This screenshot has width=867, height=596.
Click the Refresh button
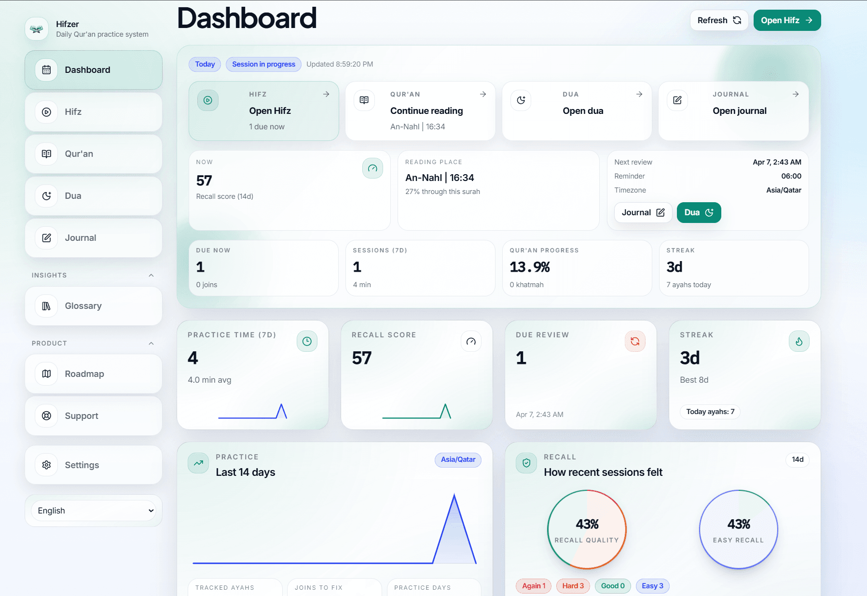[718, 20]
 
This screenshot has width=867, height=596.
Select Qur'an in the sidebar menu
[94, 154]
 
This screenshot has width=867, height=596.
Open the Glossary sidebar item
[94, 306]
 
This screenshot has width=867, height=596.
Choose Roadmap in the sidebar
[94, 374]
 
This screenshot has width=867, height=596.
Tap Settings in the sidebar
[94, 465]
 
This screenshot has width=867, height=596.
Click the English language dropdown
[94, 511]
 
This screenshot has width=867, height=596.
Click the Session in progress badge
[263, 64]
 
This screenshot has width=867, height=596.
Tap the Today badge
[205, 64]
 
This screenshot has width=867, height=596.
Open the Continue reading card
[420, 111]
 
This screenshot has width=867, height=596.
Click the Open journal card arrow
[795, 94]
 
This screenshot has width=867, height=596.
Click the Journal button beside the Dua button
[643, 213]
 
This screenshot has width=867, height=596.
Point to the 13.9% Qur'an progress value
[529, 267]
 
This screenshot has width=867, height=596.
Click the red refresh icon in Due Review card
[635, 341]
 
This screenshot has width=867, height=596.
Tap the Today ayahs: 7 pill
[710, 412]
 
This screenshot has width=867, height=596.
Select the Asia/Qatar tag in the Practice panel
[457, 459]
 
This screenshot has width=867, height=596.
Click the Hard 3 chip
[573, 586]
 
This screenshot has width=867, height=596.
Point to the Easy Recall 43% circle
[738, 529]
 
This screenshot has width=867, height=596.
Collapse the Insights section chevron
[151, 275]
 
